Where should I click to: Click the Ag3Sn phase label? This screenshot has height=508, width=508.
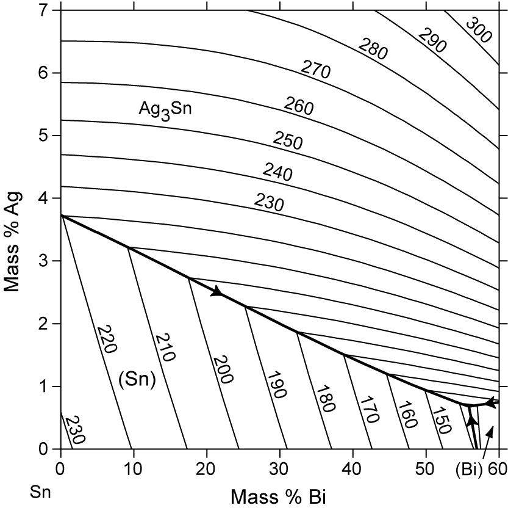point(162,111)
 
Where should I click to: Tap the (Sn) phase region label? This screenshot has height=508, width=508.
point(137,380)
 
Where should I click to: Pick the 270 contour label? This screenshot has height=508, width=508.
point(315,70)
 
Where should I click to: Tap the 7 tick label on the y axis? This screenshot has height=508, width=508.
point(42,10)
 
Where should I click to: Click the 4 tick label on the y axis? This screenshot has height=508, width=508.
point(42,198)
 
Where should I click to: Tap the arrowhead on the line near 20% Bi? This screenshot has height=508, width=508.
point(216,292)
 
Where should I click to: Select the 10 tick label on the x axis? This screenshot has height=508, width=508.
point(134,471)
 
